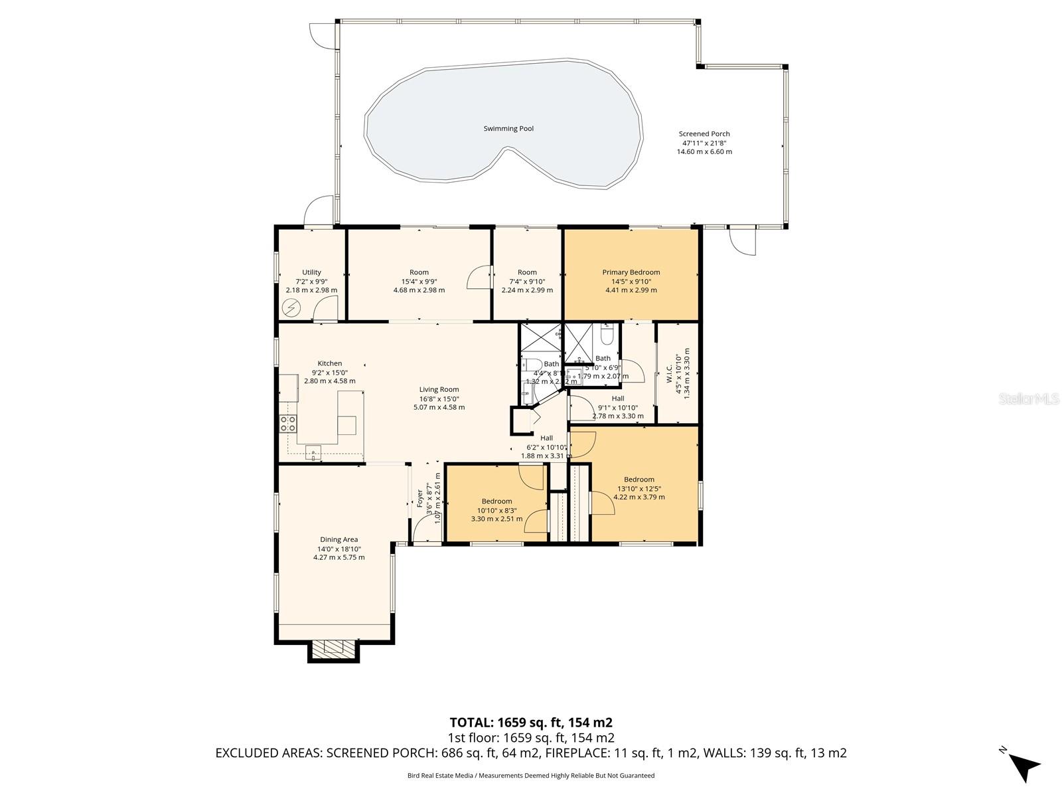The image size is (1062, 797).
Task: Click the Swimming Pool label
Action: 508,129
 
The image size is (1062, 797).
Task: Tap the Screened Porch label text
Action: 704,134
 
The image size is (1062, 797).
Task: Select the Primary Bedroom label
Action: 631,272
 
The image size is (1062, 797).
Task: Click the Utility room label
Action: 311,272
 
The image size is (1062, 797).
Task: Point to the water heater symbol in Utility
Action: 291,308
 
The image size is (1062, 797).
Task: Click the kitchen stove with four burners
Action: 288,424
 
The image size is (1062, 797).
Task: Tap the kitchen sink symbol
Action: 313,454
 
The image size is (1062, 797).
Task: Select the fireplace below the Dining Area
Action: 333,649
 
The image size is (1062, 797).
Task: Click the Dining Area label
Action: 339,540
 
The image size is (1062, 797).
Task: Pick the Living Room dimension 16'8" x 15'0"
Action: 439,398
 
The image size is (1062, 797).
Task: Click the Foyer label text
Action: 419,498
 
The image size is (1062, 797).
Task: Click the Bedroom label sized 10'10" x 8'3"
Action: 496,501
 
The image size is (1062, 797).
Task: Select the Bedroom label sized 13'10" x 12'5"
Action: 639,480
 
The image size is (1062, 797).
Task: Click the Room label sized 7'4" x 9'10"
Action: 527,272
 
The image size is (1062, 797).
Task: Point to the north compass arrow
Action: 1025,766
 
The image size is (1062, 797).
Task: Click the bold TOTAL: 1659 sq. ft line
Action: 531,723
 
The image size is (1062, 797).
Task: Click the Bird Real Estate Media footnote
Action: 531,776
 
